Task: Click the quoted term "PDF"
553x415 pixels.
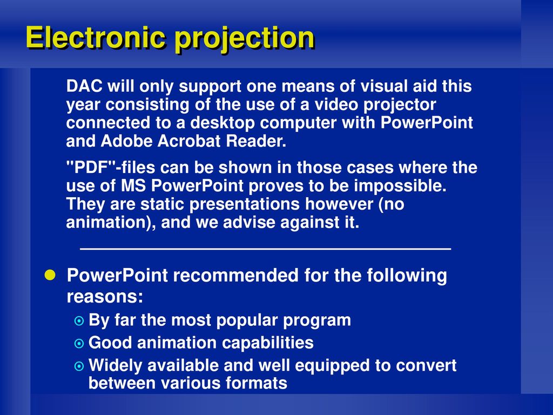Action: (x=91, y=167)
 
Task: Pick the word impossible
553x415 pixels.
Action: (x=400, y=186)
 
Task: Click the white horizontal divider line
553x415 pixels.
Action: (x=266, y=249)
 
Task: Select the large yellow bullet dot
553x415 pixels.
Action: (x=50, y=275)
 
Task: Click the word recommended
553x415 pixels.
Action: (x=236, y=275)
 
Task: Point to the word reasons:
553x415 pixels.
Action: (x=105, y=297)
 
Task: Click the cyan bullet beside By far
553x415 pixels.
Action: (x=79, y=321)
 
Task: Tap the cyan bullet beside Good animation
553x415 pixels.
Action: (x=79, y=343)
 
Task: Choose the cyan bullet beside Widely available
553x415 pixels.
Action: (x=79, y=366)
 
